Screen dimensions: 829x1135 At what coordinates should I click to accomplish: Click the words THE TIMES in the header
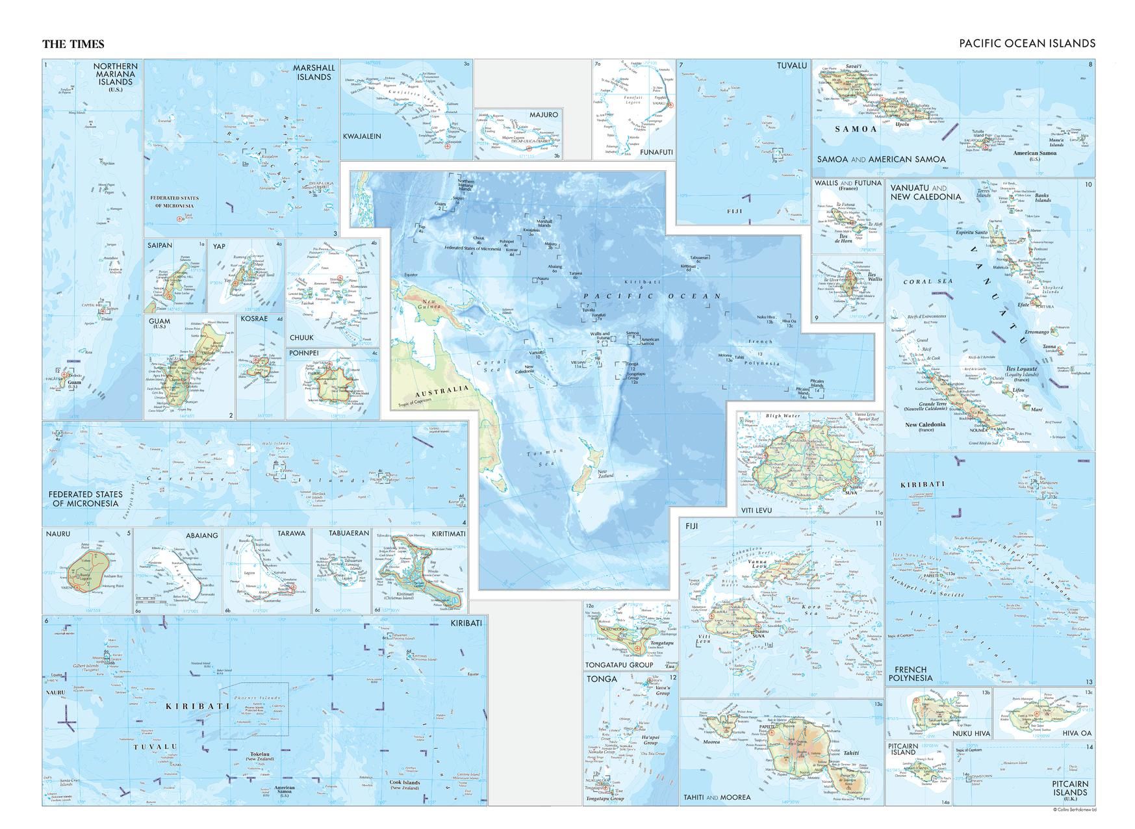coord(73,44)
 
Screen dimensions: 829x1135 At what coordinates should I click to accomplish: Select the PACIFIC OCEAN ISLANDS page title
coord(1027,44)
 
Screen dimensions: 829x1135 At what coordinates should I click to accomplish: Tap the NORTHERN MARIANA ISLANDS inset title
coord(115,75)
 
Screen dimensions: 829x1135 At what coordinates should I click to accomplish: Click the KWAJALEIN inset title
coord(362,136)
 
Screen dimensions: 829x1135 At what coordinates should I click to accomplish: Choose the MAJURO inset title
coord(543,115)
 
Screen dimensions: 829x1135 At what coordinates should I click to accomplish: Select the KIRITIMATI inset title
coord(448,533)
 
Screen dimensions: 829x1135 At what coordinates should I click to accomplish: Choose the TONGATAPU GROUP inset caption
coord(620,665)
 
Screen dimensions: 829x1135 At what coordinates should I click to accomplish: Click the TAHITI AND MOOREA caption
coord(717,797)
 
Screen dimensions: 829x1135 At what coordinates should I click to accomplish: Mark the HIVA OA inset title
coord(1077,733)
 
